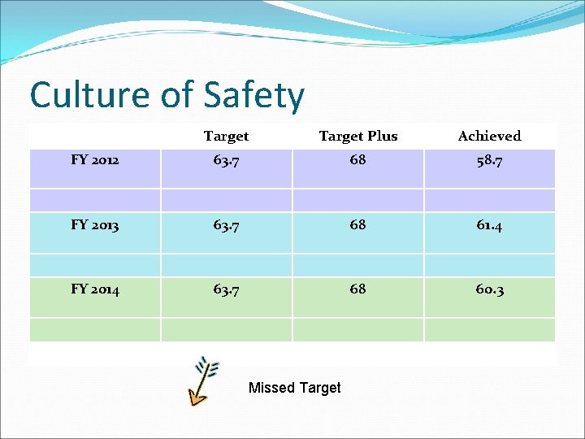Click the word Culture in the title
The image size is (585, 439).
[89, 95]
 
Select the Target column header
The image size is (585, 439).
[226, 136]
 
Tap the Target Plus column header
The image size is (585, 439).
[358, 136]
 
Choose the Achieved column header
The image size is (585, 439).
[489, 136]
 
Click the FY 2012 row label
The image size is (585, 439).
[95, 160]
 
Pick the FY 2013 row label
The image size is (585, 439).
[95, 225]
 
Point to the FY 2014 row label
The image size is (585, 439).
[95, 289]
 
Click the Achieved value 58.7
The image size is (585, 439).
[489, 161]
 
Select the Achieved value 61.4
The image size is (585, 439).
[489, 225]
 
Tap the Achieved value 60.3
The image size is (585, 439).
[489, 289]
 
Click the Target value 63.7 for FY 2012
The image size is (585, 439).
[226, 161]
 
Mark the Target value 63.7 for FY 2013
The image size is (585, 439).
[226, 225]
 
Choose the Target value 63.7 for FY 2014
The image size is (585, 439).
[226, 289]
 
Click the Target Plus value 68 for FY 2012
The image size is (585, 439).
[357, 160]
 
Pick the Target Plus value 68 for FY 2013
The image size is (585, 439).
[357, 224]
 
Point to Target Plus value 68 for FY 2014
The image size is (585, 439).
[357, 289]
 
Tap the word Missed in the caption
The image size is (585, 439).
[271, 388]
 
